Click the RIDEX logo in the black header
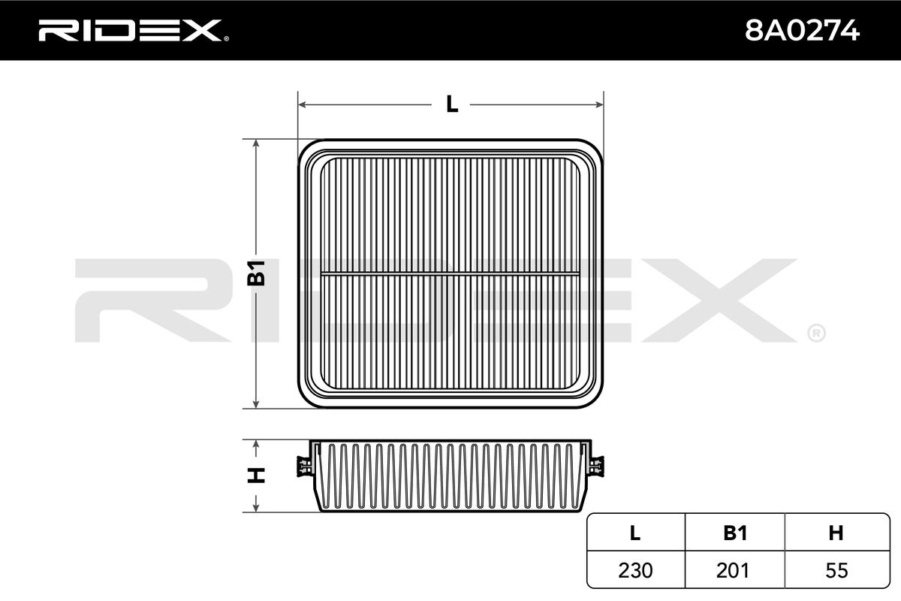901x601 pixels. (134, 31)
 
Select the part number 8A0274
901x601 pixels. (803, 31)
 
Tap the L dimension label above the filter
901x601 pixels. (452, 104)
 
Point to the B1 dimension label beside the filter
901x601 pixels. (256, 273)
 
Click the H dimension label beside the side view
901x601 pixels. (256, 476)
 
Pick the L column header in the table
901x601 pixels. (634, 533)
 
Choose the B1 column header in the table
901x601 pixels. (735, 533)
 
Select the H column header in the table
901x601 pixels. (836, 533)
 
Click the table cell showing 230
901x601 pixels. (635, 570)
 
